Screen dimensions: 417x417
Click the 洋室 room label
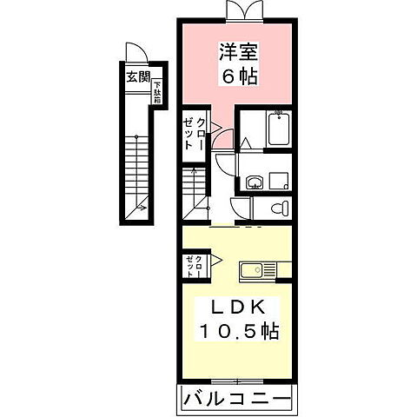236,52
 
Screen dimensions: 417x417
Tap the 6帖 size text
236,76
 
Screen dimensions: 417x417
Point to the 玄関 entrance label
137,77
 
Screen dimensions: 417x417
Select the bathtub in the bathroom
275,129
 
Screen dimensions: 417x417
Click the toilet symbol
276,208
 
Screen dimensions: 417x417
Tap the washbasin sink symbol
255,182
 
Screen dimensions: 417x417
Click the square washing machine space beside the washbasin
279,180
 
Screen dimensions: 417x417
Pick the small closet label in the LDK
194,264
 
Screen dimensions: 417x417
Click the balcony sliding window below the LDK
235,381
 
